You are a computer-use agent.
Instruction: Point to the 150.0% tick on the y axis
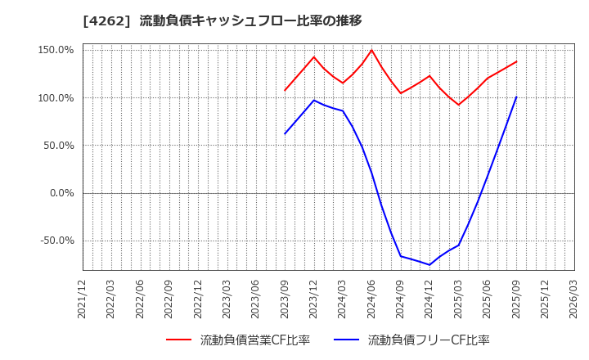point(56,50)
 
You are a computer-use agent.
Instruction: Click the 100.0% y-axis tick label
point(56,98)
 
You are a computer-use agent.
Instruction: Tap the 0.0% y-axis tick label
point(62,193)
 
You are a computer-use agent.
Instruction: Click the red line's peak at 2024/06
point(371,50)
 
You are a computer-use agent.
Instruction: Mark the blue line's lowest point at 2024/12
point(429,264)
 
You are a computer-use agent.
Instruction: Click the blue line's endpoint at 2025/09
point(516,97)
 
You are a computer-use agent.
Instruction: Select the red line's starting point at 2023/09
point(286,90)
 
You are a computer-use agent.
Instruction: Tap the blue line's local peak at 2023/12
point(314,101)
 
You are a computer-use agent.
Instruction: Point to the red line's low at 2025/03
point(458,105)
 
